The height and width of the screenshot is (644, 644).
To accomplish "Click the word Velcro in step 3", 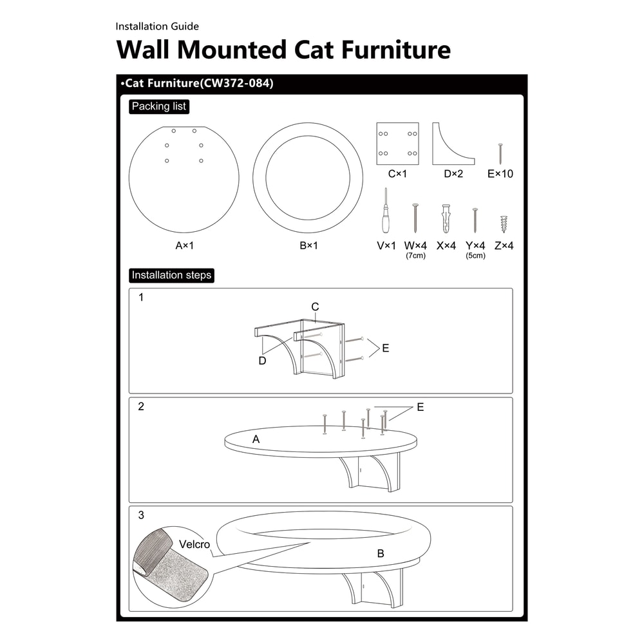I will point(194,545).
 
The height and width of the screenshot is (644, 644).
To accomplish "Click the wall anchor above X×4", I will point(446,219).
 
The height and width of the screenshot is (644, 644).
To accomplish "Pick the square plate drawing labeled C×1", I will point(397,144).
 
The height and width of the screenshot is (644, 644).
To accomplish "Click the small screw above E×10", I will point(500,154).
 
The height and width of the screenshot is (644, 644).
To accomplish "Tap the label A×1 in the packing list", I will point(184,245).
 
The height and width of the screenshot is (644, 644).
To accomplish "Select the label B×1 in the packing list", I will point(308,245).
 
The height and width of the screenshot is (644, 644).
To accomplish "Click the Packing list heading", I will point(159,107).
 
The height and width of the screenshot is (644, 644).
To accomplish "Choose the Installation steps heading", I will point(171,275).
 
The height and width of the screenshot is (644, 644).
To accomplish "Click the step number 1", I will point(141,298).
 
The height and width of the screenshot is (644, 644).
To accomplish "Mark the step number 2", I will point(141,406).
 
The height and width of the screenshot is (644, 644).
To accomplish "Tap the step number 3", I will point(141,515).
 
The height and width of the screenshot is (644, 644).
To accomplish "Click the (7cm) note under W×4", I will point(415,256).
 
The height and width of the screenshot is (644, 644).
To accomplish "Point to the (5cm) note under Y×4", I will point(475,256).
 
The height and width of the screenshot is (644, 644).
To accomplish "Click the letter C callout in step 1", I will point(315,307).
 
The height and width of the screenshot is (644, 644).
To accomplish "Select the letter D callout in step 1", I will point(262,361).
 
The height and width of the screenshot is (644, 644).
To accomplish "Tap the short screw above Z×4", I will point(504,224).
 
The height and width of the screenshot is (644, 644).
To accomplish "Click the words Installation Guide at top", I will point(157,26).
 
